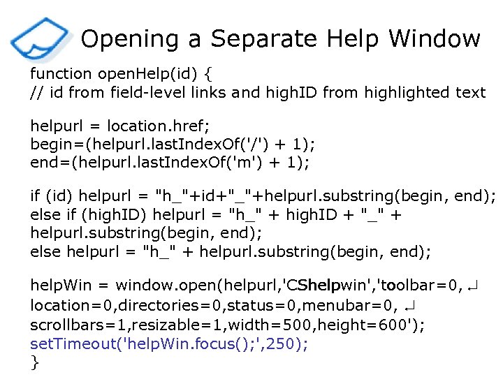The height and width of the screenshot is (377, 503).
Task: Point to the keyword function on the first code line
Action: pos(61,73)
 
